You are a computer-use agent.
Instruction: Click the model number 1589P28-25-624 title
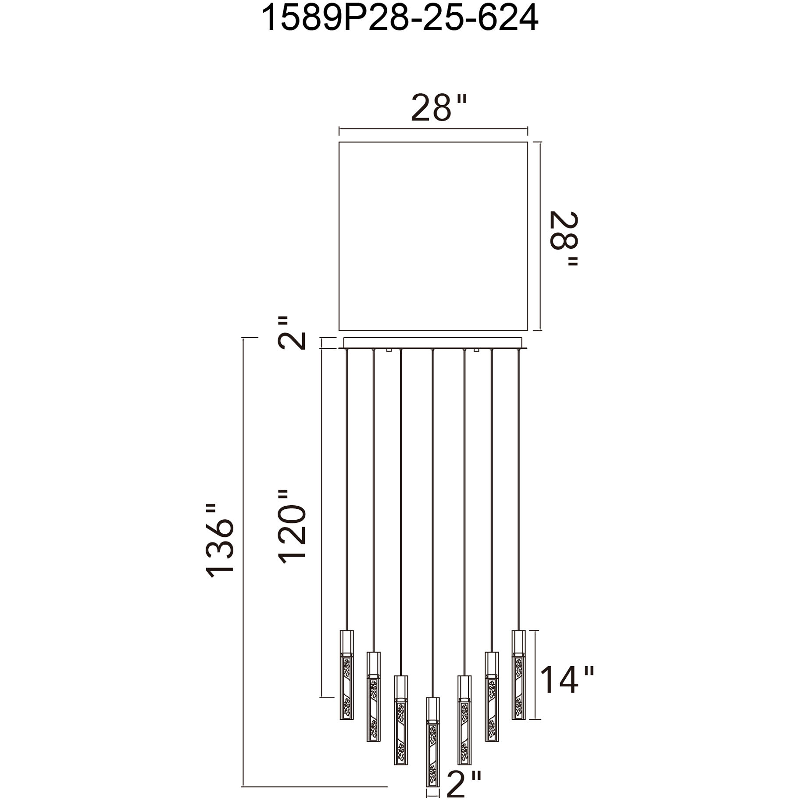click(400, 18)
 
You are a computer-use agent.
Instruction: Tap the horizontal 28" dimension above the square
click(437, 108)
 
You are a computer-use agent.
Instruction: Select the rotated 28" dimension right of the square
click(564, 239)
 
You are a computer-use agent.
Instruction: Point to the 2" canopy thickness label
click(291, 332)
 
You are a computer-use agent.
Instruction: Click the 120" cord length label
click(291, 526)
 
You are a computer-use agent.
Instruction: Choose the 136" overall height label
click(220, 540)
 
